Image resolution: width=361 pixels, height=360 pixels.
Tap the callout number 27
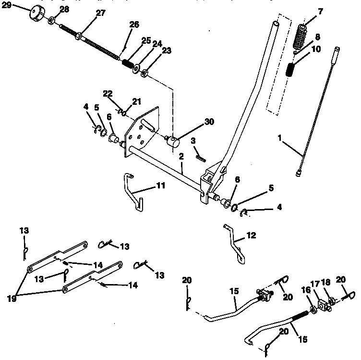click(100, 13)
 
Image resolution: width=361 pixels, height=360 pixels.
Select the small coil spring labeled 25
click(128, 62)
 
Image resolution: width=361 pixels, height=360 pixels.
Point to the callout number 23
click(167, 50)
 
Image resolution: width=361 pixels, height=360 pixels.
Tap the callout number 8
click(317, 36)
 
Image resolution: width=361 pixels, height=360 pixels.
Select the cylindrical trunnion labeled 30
click(172, 141)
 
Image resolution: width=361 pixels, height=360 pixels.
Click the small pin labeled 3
click(200, 155)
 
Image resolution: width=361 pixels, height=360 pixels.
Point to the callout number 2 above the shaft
click(181, 156)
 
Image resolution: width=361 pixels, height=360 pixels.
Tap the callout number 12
click(251, 236)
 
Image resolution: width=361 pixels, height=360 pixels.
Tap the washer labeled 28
click(51, 21)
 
